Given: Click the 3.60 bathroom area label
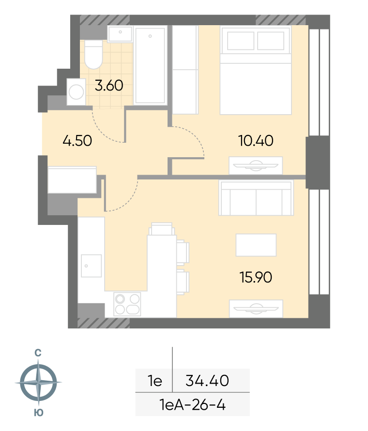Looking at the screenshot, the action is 109,85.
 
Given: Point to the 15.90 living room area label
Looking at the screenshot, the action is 256,277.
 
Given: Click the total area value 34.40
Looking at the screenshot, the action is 207,381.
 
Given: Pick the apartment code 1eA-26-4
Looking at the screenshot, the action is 192,405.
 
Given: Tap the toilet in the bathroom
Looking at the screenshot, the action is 93,54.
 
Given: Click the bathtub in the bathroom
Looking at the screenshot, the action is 150,65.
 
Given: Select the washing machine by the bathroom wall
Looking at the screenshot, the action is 76,91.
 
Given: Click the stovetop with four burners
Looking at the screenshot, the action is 127,304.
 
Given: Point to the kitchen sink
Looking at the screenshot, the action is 91,266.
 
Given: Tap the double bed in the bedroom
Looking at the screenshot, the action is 256,70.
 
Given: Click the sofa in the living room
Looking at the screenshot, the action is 256,197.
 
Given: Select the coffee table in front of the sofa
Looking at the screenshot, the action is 256,245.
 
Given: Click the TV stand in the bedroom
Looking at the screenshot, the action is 256,165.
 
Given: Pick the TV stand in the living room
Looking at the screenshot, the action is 256,309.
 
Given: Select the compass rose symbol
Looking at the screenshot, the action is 38,382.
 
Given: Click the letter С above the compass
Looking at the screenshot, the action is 38,353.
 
